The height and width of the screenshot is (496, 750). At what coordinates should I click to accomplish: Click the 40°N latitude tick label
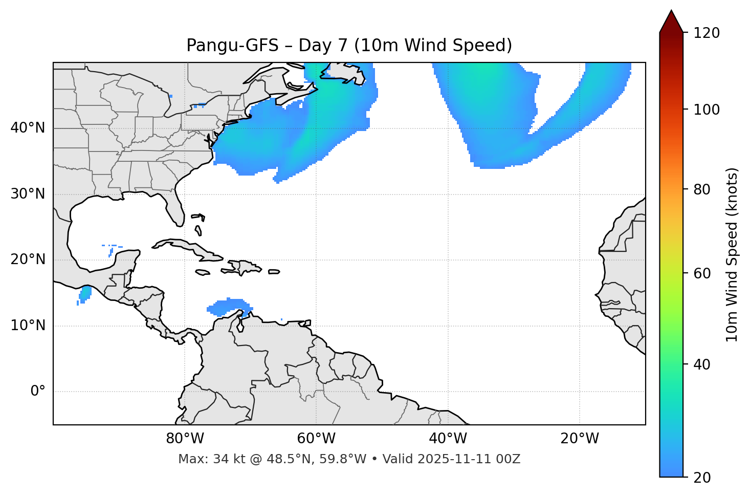coord(28,128)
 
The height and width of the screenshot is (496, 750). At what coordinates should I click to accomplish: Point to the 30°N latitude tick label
coord(28,194)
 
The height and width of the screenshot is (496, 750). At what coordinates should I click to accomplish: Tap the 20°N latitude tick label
coord(28,260)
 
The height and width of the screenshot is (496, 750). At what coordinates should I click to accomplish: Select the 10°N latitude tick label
coord(28,326)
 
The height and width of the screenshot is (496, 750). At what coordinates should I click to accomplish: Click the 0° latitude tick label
coord(37,392)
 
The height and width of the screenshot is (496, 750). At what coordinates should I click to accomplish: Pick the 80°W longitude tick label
coord(185,439)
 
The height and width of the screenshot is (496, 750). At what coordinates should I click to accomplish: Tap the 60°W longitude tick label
coord(316,439)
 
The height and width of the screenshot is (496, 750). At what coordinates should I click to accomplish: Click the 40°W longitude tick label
coord(448,439)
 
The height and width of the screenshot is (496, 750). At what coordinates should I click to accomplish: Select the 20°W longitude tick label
coord(579,439)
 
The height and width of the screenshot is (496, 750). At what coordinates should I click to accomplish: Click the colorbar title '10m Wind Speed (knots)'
coord(732,254)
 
